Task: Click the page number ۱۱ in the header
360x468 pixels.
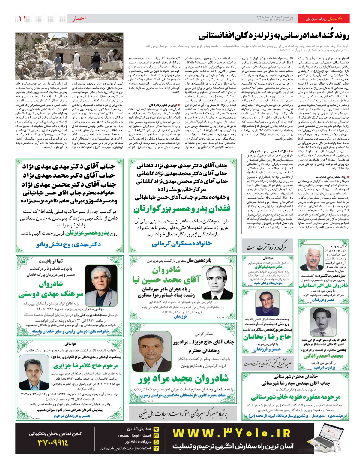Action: (22, 19)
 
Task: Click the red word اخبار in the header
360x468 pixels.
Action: (79, 19)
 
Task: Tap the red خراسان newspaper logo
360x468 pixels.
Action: (334, 19)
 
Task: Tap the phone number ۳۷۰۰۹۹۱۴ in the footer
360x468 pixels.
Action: (53, 442)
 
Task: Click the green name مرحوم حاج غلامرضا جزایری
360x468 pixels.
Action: (86, 366)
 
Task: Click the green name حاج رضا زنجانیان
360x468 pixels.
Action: (267, 337)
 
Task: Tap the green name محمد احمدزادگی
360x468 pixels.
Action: (323, 356)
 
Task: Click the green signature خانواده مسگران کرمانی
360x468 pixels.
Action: (181, 244)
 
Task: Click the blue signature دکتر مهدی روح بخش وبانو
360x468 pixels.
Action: (69, 244)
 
